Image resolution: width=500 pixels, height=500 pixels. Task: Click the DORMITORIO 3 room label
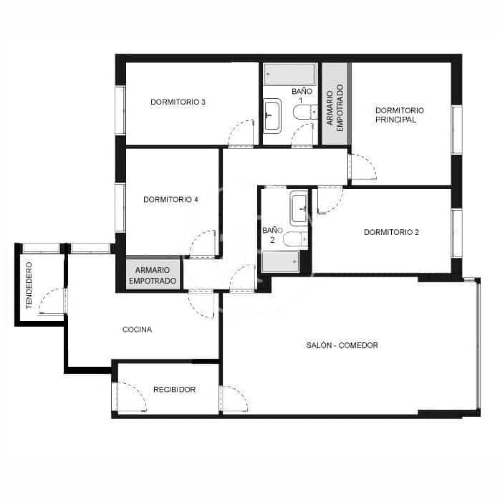[178, 102]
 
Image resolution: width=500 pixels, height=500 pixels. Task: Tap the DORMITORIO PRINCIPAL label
[399, 115]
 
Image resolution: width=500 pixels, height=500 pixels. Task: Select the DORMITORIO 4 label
[170, 199]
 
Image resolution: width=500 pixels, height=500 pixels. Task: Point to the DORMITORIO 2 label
[391, 232]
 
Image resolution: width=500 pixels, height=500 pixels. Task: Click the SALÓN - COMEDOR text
[342, 345]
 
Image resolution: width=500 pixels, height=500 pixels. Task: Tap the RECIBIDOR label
[174, 390]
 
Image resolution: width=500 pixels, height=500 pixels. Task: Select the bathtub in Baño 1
[289, 74]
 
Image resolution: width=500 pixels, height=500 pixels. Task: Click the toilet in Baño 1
[304, 112]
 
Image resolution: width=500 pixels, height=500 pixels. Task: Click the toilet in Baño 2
[294, 239]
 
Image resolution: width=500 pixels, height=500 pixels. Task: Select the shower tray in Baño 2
[280, 261]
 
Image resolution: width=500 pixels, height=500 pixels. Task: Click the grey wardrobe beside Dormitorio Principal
[335, 104]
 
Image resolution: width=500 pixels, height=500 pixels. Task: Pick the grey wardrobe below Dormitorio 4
[152, 274]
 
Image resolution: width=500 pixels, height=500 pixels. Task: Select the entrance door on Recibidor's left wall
[129, 396]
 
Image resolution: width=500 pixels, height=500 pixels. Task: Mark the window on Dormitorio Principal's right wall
[456, 130]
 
